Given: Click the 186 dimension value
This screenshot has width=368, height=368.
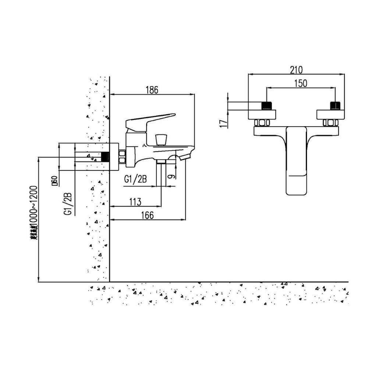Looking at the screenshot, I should tap(152, 89).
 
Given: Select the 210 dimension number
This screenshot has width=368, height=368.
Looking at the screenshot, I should tap(297, 69).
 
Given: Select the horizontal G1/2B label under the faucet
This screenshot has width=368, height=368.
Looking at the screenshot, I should tap(136, 179).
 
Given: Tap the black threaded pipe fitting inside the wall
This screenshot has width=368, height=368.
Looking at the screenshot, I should tap(106, 156).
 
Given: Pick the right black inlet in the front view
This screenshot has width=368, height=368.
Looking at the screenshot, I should tap(335, 106).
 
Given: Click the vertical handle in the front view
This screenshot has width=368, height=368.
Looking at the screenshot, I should tap(297, 160).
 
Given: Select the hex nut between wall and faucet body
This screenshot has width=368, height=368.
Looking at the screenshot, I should tap(123, 156).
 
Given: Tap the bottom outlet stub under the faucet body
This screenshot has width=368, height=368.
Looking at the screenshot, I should tap(161, 162).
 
